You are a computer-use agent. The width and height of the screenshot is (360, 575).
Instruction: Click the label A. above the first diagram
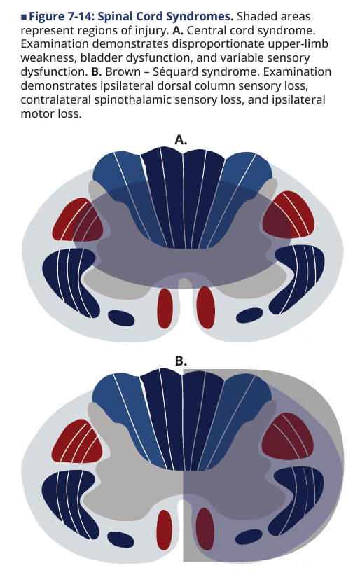click(x=181, y=139)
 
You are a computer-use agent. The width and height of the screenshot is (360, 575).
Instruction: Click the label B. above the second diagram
click(x=181, y=361)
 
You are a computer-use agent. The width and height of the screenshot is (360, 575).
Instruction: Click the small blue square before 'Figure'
click(x=24, y=17)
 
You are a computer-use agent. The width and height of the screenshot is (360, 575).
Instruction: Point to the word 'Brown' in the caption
click(x=123, y=71)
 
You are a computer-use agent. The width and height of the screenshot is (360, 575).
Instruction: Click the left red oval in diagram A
click(x=165, y=308)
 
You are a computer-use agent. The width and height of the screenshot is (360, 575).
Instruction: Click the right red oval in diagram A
click(x=206, y=307)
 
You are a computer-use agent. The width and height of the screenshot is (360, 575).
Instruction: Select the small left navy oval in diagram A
click(x=121, y=317)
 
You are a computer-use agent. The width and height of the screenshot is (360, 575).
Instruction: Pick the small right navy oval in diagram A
click(x=249, y=315)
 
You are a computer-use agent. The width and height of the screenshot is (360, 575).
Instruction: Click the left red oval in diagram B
click(x=164, y=529)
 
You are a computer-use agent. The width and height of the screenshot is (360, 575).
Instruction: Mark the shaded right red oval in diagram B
click(x=205, y=529)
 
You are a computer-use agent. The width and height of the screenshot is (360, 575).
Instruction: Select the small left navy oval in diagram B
click(x=120, y=539)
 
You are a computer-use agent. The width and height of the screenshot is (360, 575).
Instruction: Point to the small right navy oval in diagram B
click(x=249, y=537)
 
